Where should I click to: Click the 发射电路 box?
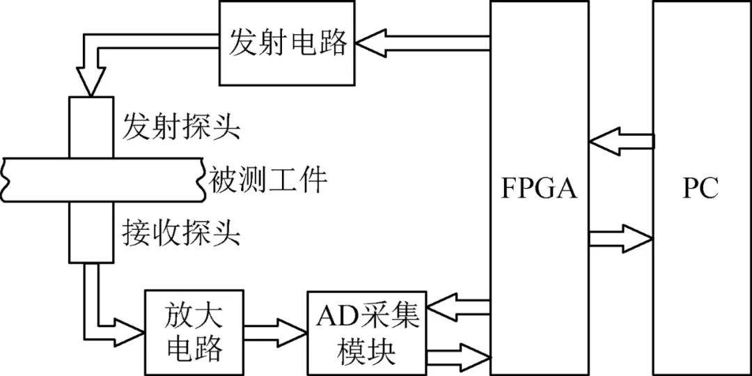287,43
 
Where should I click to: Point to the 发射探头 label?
181,127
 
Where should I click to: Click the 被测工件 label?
268,181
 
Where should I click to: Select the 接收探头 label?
181,233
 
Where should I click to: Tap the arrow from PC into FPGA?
620,141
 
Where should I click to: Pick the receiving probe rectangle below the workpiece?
91,234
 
